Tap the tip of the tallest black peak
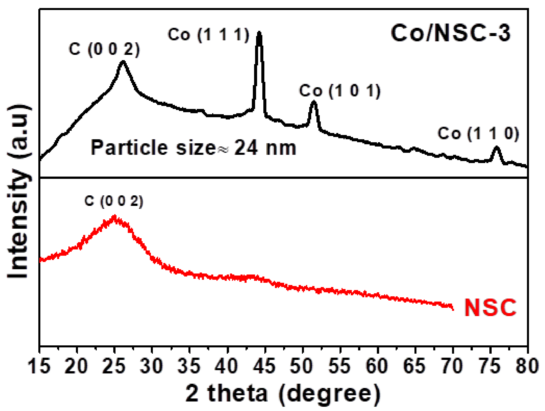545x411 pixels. [259, 33]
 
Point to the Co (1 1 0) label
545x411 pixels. [478, 133]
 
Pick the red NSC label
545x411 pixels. [490, 308]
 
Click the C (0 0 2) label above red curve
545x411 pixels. [114, 201]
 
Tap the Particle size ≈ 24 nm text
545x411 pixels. [193, 148]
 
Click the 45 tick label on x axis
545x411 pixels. [264, 366]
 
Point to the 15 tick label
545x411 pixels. [39, 366]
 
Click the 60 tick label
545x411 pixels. [377, 366]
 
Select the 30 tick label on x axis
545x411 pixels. [152, 366]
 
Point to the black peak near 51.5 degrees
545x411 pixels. [314, 102]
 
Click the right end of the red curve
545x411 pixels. [453, 310]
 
